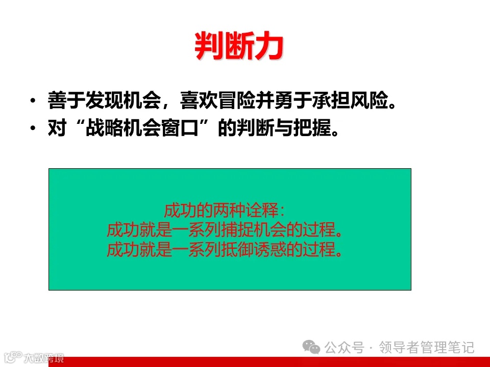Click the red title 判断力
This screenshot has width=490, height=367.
[x=239, y=47]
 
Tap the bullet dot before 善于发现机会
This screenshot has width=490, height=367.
[x=33, y=101]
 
